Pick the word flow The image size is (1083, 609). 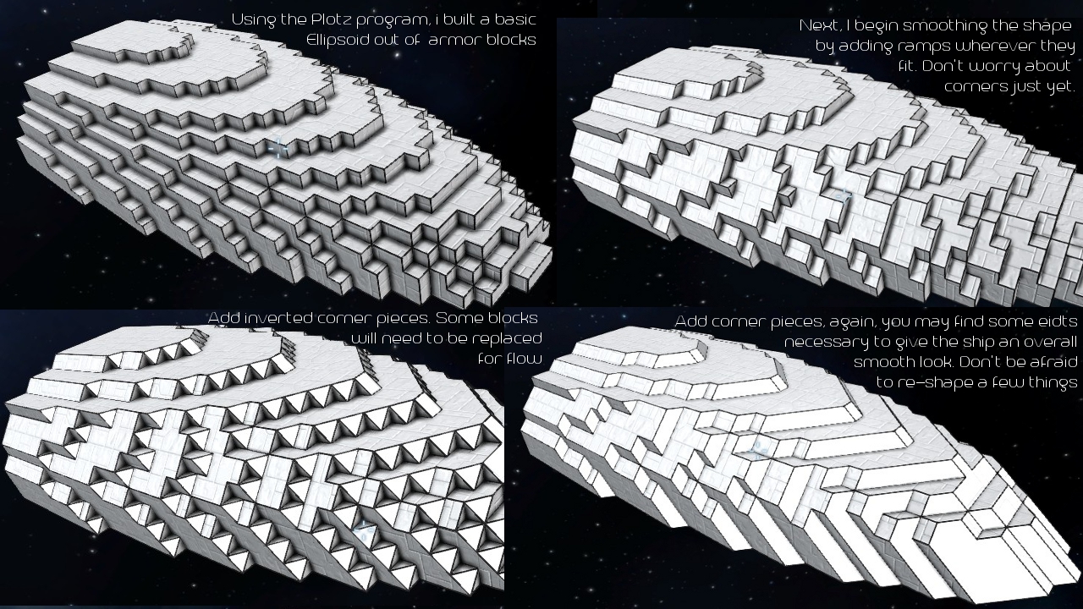(524, 358)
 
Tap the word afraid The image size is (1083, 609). (1053, 362)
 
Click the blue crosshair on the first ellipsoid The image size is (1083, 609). (278, 148)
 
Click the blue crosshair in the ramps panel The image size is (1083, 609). (844, 196)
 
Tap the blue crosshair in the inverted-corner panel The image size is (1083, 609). (363, 530)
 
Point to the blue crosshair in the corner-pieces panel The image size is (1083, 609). (757, 451)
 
